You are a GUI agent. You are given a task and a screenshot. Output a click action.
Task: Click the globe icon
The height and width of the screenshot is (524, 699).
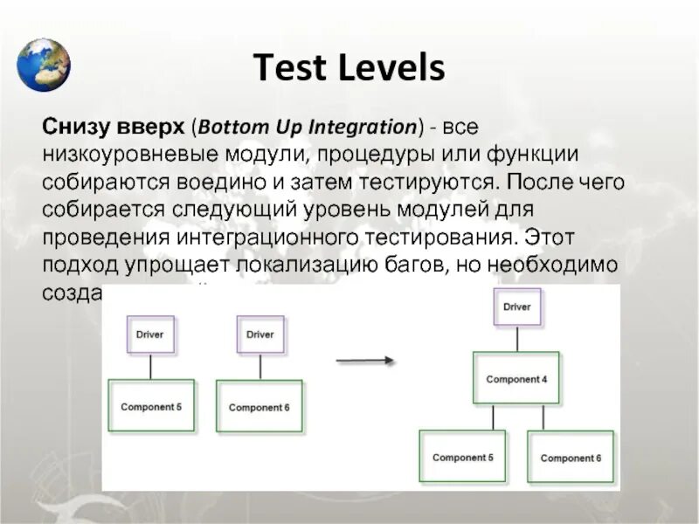[44, 64]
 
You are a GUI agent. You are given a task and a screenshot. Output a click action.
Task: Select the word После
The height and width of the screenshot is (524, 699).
[538, 182]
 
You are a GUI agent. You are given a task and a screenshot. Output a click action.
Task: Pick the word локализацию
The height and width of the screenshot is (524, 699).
[302, 265]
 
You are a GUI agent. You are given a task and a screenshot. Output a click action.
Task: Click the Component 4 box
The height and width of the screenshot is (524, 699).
[516, 379]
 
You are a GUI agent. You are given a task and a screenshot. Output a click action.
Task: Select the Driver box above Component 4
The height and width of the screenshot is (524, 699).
[516, 307]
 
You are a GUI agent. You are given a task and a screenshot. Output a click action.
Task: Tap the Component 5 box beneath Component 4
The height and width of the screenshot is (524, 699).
[462, 458]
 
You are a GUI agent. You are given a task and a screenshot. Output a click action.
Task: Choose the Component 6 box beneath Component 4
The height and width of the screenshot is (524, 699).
[570, 458]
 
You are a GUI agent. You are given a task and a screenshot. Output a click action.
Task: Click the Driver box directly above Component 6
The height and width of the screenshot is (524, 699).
[260, 334]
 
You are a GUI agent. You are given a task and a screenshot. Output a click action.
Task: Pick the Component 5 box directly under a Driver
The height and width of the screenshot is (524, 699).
[150, 407]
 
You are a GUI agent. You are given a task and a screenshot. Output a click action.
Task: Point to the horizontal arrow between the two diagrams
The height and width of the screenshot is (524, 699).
[365, 360]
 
